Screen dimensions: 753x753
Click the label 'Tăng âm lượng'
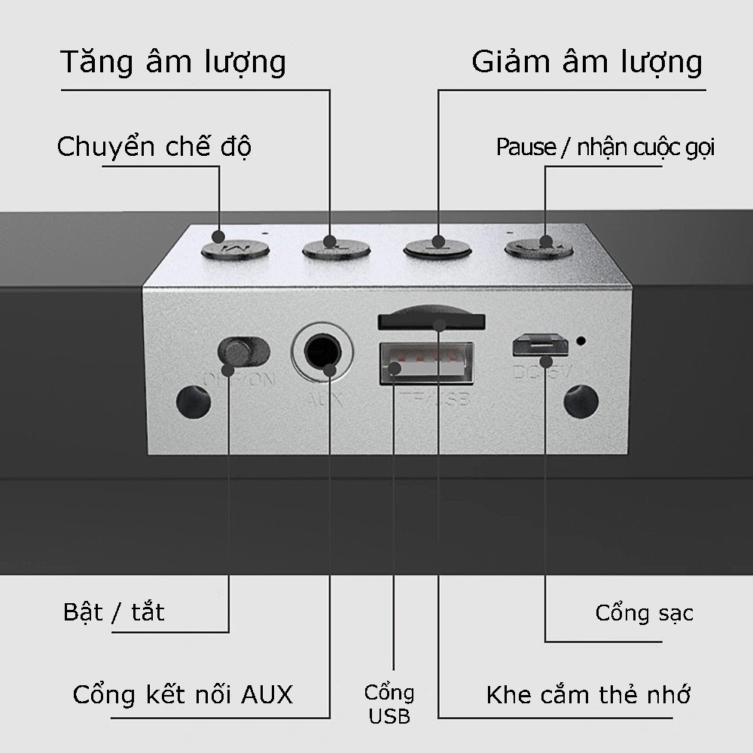[x=172, y=62]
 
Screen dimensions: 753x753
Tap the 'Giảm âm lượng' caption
[x=587, y=62]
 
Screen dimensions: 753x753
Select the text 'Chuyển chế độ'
[x=154, y=147]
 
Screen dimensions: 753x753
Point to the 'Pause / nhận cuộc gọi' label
[x=605, y=148]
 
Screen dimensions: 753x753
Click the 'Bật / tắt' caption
[x=114, y=611]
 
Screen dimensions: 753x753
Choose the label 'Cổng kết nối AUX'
[x=183, y=694]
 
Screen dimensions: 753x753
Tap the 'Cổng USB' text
[x=389, y=704]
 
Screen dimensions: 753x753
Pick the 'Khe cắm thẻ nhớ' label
[x=588, y=694]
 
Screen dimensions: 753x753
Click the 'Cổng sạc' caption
[x=644, y=612]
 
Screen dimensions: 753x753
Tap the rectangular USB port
[x=426, y=363]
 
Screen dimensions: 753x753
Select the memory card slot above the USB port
[x=430, y=320]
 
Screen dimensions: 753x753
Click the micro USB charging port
[x=540, y=345]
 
